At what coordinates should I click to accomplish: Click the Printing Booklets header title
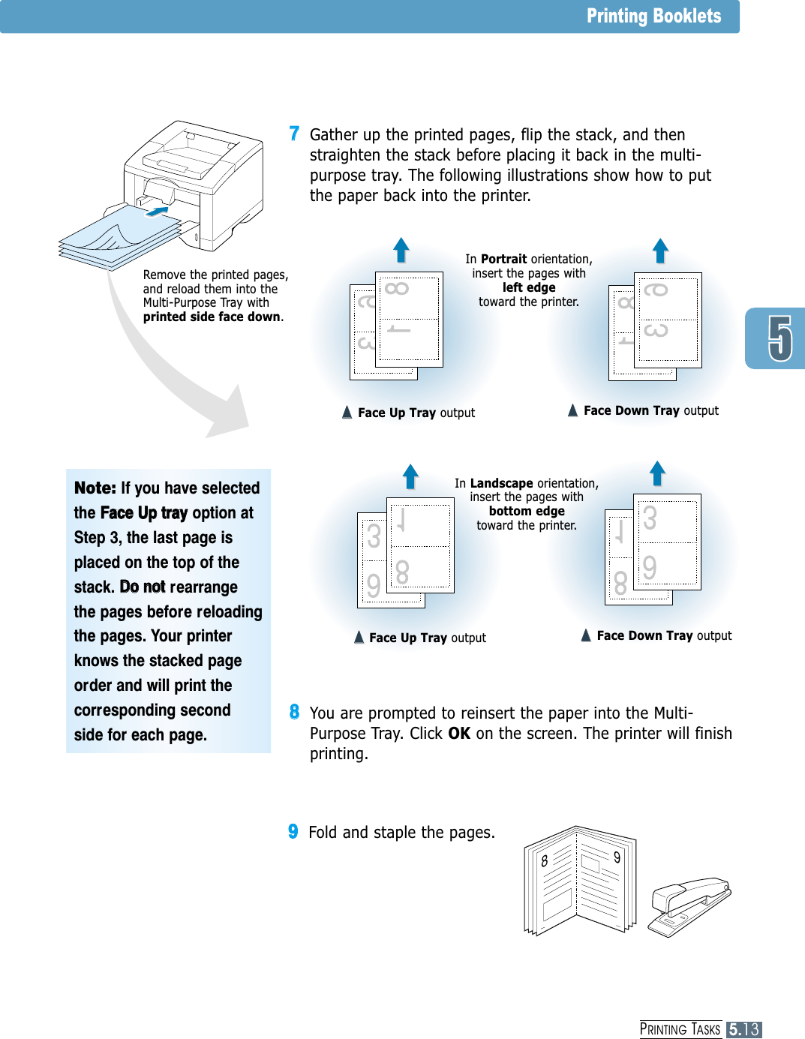653,17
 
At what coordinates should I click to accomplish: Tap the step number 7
294,134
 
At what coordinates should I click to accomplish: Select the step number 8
294,712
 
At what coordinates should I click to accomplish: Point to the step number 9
293,831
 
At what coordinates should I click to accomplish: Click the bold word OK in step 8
459,734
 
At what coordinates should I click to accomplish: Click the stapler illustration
689,905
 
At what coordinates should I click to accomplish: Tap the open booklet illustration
579,881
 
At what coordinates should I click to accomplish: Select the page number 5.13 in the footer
743,1029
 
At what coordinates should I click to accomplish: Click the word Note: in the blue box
95,488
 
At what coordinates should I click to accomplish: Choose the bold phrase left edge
529,287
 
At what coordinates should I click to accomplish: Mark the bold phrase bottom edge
527,511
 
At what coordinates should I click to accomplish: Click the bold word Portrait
503,259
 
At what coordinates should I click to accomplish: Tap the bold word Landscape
501,483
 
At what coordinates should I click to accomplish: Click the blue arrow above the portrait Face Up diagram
401,250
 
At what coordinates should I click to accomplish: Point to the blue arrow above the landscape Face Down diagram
657,473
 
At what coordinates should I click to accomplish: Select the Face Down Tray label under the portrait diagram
631,410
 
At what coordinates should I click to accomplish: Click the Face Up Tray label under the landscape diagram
407,638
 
